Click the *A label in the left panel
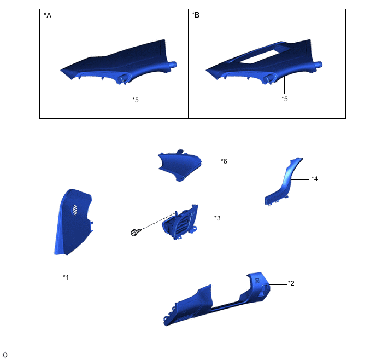(48, 15)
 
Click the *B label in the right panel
(196, 15)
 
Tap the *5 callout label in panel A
(136, 100)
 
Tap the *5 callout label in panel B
(285, 99)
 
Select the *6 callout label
(224, 161)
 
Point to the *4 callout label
(315, 179)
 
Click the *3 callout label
(218, 218)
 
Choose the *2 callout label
(291, 283)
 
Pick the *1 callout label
(66, 277)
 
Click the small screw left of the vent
(136, 232)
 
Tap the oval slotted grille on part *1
(74, 210)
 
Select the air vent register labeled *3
(180, 223)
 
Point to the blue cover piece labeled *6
(179, 166)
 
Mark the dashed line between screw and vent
(158, 222)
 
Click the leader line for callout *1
(66, 263)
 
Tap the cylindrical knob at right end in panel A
(173, 65)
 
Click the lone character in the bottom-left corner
(5, 355)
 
